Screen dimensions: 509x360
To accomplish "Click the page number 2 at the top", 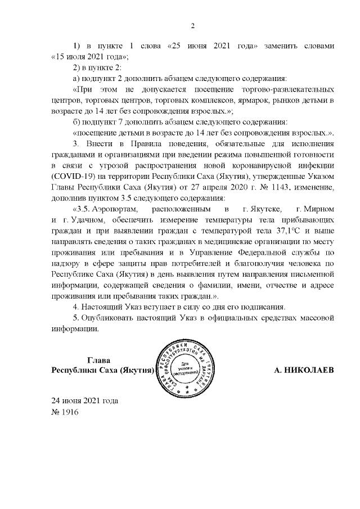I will (x=192, y=26).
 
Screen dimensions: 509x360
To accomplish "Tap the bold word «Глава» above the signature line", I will (x=99, y=361).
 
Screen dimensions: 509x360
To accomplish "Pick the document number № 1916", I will (x=65, y=412).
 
